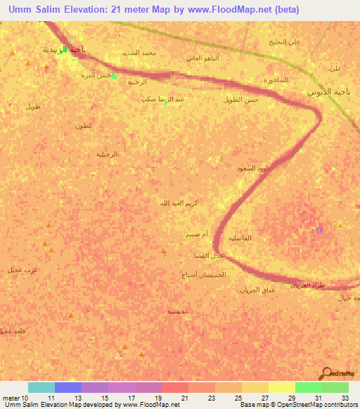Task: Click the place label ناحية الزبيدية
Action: [64, 49]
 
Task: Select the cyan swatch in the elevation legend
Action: [41, 387]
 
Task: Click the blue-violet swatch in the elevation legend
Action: [67, 387]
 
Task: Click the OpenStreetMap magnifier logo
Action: [327, 373]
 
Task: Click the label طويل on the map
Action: [33, 107]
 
